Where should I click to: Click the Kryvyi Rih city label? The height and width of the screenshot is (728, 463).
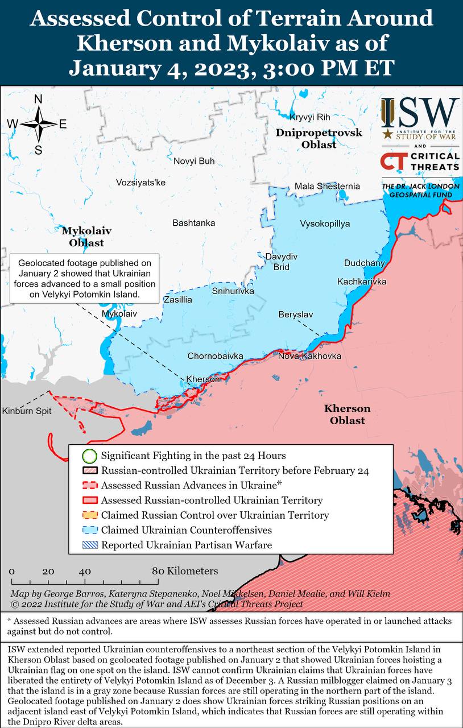point(310,117)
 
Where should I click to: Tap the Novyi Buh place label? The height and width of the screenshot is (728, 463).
point(194,161)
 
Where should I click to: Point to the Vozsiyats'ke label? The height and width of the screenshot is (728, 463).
point(140,183)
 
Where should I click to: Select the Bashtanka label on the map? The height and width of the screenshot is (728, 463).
point(194,223)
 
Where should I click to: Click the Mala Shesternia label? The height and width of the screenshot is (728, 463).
point(327,186)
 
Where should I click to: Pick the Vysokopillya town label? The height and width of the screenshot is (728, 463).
point(325,224)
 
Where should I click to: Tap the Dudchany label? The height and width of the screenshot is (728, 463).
point(365,263)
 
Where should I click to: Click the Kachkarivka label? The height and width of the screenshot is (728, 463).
point(362,282)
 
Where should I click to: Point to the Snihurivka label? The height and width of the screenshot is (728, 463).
point(233,291)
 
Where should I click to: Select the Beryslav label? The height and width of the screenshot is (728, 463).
point(295,314)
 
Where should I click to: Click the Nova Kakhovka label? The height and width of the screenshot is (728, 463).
point(309,356)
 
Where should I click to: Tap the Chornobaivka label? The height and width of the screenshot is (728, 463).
point(216,356)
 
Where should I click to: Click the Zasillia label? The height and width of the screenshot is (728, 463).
point(178,300)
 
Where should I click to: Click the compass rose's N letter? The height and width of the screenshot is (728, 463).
point(38,100)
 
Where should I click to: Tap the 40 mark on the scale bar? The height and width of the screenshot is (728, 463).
point(85,571)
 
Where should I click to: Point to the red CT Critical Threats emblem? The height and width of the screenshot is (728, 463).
point(393,161)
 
